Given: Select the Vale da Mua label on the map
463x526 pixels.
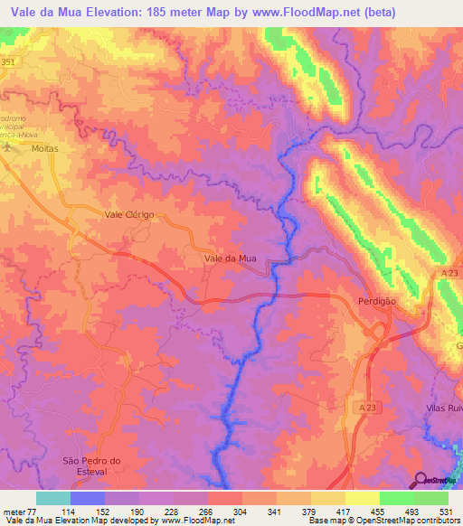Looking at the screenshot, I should (x=231, y=258).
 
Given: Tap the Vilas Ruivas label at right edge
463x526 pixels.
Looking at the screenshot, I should (x=444, y=409).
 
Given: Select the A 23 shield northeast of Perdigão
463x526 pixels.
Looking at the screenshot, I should (x=452, y=272).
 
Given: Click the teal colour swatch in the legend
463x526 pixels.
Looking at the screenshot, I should (x=53, y=498).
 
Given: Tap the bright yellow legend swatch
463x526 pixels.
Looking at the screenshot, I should (x=362, y=498).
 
